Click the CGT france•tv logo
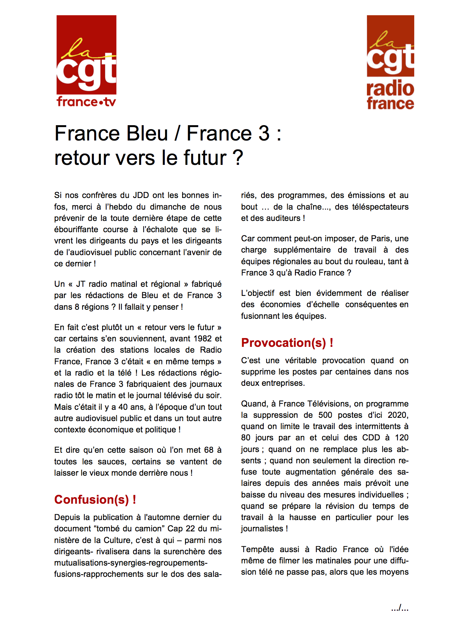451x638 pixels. [86, 61]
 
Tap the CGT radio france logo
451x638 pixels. [390, 62]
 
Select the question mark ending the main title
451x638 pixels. [238, 158]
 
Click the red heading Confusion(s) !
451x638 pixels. [95, 499]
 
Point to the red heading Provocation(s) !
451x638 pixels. [287, 342]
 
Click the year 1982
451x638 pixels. [203, 338]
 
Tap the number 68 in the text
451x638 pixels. [209, 450]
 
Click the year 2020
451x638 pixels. [398, 415]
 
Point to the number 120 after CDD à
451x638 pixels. [402, 437]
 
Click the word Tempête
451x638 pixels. [258, 549]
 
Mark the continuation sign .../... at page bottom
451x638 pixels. [400, 608]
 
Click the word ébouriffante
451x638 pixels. [76, 229]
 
